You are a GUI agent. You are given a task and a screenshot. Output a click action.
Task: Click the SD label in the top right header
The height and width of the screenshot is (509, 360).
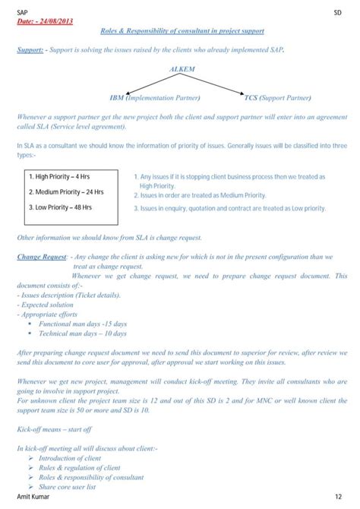[337, 12]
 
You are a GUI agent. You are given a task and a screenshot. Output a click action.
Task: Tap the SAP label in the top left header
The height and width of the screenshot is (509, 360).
[24, 12]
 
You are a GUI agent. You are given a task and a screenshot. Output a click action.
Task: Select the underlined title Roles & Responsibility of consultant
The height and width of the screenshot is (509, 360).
[182, 31]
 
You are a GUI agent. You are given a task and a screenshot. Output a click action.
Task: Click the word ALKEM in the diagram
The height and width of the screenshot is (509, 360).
[182, 69]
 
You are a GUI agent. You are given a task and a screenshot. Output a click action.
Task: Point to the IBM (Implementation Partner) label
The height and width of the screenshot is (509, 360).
[156, 98]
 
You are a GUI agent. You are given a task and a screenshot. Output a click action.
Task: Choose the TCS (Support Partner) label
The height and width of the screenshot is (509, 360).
[277, 98]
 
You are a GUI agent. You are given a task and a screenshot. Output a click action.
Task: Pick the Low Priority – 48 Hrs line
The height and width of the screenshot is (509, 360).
[60, 207]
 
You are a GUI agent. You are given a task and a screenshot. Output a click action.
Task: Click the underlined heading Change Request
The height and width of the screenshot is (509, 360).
[42, 257]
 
